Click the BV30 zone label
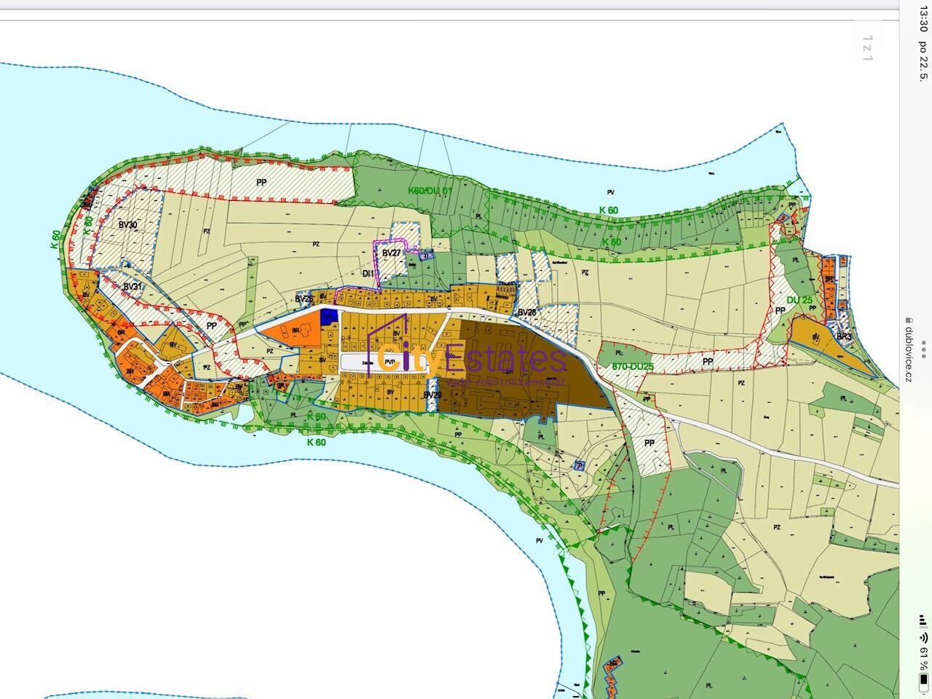pos(127,225)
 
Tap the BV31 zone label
pos(133,287)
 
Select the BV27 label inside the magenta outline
pos(392,253)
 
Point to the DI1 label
pos(369,274)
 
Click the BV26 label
pos(304,299)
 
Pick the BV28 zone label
pos(526,312)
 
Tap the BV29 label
pos(433,395)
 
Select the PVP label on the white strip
pos(390,362)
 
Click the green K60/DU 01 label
pos(430,191)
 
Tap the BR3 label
pos(844,337)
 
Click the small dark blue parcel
pos(329,317)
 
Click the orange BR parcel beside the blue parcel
pos(295,331)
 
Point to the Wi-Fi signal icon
pos(923,637)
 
